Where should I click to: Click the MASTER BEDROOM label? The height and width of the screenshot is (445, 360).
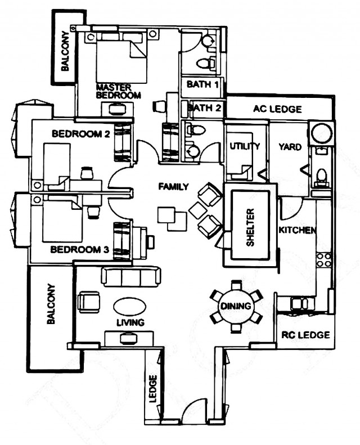[x=119, y=91]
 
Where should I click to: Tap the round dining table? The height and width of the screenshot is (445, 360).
[x=236, y=306]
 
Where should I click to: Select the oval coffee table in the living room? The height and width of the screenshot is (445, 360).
[x=130, y=307]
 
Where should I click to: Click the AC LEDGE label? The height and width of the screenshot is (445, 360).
[x=277, y=109]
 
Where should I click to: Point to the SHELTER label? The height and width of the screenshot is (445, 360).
[x=250, y=227]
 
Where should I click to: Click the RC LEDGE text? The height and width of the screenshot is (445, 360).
[x=305, y=335]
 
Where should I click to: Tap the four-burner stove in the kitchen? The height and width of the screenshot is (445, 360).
[x=324, y=260]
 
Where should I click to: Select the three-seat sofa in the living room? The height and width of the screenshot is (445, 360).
[x=130, y=277]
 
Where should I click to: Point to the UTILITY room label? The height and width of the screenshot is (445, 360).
[x=245, y=146]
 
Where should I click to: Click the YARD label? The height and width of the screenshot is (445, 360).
[x=290, y=147]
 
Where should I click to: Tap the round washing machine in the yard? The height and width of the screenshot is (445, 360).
[x=321, y=133]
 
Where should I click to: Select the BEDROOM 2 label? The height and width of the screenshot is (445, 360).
[x=81, y=134]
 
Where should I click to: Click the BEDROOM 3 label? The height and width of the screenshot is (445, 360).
[x=79, y=250]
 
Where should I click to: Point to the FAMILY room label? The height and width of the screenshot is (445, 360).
[x=173, y=186]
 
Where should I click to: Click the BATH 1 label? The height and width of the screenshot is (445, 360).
[x=203, y=84]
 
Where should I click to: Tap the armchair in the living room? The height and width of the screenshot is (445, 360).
[x=89, y=302]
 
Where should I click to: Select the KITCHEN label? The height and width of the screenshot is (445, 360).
[x=297, y=230]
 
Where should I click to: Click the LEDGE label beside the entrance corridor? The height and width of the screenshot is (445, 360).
[x=153, y=388]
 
